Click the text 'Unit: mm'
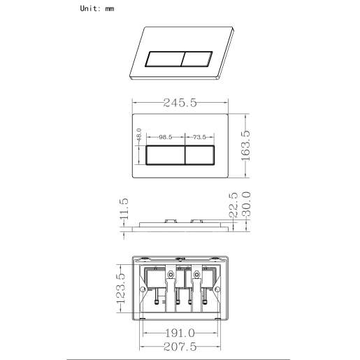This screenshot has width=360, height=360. point(97,8)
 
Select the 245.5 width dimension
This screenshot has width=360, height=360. point(180,103)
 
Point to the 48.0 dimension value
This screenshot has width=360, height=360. point(139,133)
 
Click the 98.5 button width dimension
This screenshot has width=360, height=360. point(165,138)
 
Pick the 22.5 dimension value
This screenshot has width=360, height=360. point(233,206)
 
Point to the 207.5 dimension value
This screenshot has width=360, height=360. point(180,347)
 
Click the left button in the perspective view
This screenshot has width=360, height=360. point(164,58)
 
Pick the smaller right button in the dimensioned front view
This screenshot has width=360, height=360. point(204,156)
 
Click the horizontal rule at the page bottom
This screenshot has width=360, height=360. point(180,358)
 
